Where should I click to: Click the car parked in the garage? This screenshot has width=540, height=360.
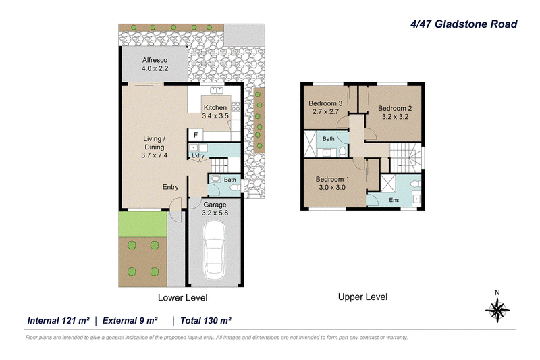(214, 250)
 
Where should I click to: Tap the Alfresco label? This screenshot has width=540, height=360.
(155, 60)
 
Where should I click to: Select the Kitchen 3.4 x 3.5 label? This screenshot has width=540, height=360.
(215, 111)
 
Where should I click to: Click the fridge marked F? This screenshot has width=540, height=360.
(195, 135)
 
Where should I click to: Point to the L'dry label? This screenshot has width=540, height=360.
(198, 156)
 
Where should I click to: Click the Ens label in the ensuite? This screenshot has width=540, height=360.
(394, 200)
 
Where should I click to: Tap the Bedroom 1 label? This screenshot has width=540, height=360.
(332, 179)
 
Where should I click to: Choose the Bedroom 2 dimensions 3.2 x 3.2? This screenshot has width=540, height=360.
(395, 117)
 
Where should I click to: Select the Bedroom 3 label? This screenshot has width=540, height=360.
(325, 103)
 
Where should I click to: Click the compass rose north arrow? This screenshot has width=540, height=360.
(497, 307)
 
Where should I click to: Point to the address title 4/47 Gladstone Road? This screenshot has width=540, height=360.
(464, 24)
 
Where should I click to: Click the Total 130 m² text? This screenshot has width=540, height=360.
(206, 321)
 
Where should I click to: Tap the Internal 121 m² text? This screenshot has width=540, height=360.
(59, 321)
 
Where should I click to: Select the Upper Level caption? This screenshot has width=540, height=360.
(362, 297)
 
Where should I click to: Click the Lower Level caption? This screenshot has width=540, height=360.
(182, 298)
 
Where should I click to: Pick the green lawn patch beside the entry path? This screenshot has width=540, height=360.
(143, 224)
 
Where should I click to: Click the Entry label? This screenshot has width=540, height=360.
(171, 187)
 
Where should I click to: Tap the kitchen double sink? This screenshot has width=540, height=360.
(217, 91)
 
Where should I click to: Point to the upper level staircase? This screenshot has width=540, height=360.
(406, 158)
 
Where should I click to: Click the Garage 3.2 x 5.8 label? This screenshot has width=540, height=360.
(215, 209)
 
